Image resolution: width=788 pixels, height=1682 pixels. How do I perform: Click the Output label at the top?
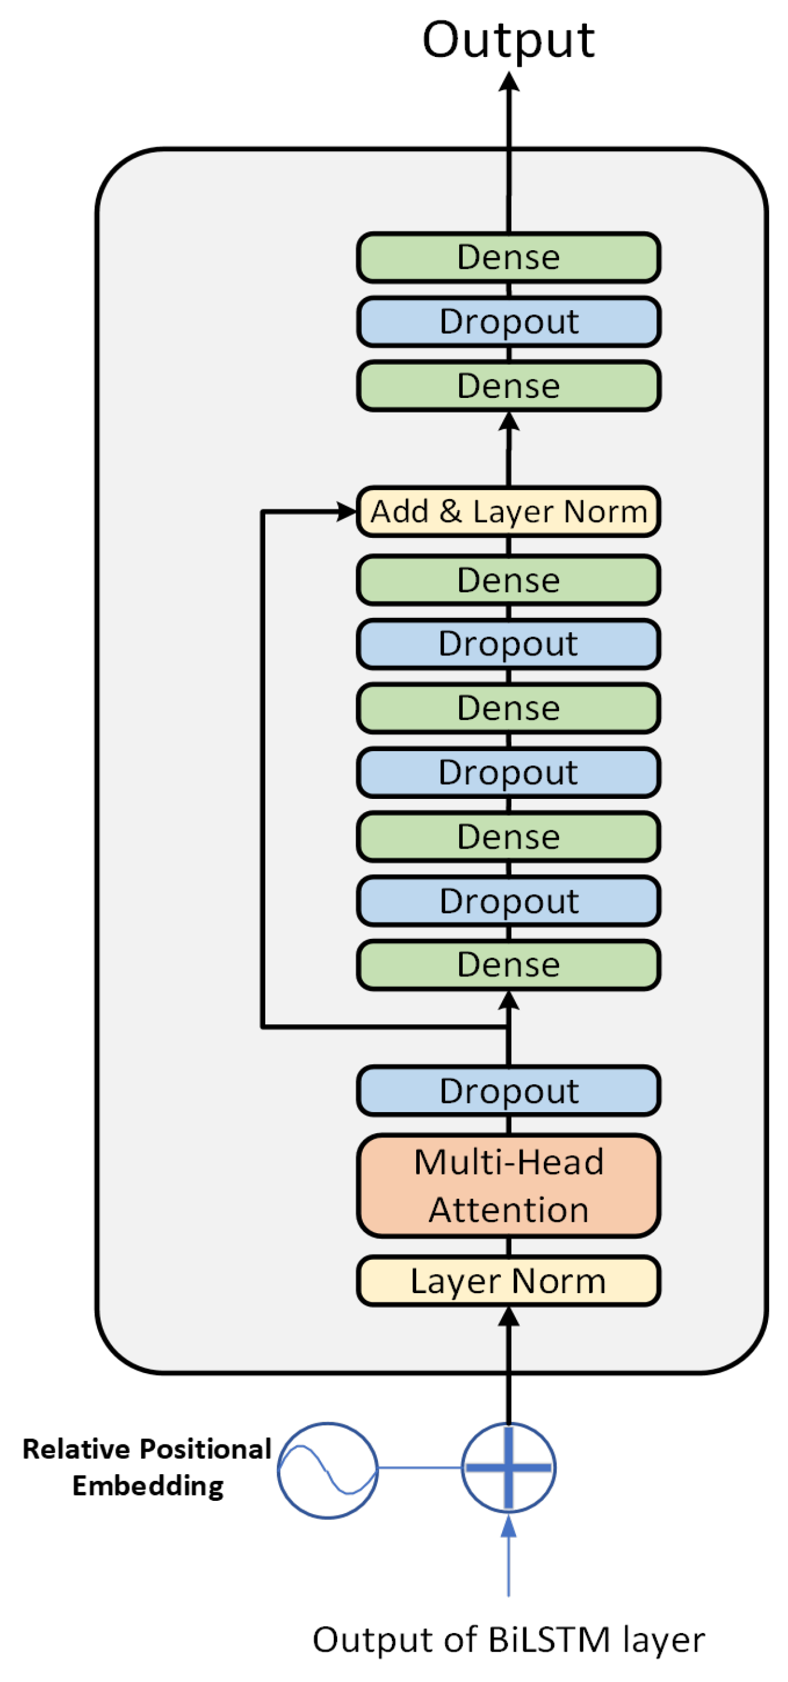coord(508,41)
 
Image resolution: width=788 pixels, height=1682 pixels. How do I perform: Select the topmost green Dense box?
coord(508,257)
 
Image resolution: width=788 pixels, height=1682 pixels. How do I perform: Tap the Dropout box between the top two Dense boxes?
coord(508,321)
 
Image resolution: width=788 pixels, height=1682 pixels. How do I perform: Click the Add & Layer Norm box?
coord(508,511)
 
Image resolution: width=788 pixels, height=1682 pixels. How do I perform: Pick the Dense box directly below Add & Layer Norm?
coord(508,580)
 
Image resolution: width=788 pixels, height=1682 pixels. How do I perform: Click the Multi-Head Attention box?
coord(508,1185)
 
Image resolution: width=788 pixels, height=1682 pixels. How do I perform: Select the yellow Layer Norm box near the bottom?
coord(508,1280)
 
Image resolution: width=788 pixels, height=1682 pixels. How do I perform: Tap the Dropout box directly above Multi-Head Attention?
coord(508,1090)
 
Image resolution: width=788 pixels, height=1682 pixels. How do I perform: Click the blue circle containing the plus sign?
coord(508,1467)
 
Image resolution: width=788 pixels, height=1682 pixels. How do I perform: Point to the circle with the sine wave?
coord(327,1470)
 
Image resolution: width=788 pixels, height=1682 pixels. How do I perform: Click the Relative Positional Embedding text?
coord(147,1466)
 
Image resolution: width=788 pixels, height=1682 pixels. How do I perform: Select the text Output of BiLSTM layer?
coord(508,1640)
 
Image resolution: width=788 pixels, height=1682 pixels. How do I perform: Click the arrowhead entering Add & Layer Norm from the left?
coord(346,511)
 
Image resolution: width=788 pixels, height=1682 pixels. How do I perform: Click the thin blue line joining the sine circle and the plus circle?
coord(419,1467)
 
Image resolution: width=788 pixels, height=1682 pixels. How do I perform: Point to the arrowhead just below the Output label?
coord(508,82)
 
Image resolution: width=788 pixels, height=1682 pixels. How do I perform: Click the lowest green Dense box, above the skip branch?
coord(508,964)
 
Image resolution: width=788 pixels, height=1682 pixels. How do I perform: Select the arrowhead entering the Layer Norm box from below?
coord(508,1316)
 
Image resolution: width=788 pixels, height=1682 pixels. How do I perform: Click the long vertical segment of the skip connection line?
coord(262,770)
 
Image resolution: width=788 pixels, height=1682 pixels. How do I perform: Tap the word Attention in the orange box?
coord(508,1210)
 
